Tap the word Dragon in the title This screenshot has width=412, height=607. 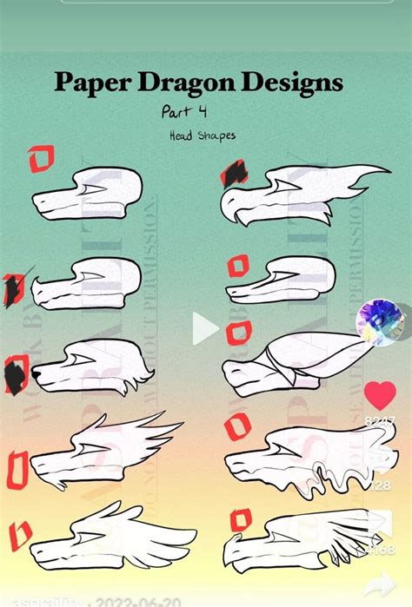[185, 83]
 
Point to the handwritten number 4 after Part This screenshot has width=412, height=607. [202, 112]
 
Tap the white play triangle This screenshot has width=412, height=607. [205, 328]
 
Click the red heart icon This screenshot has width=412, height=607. [380, 396]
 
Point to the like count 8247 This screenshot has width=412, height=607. [380, 420]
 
